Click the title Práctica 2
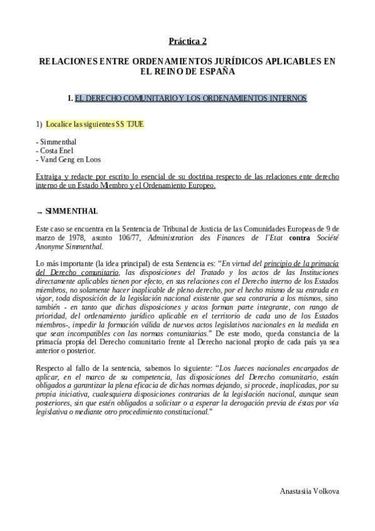[x=187, y=41]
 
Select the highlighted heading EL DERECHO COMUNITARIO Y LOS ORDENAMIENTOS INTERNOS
[x=190, y=98]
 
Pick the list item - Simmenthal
[x=57, y=142]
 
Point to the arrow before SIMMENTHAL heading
[x=39, y=212]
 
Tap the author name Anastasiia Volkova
[x=309, y=492]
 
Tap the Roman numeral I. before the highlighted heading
[x=70, y=98]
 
